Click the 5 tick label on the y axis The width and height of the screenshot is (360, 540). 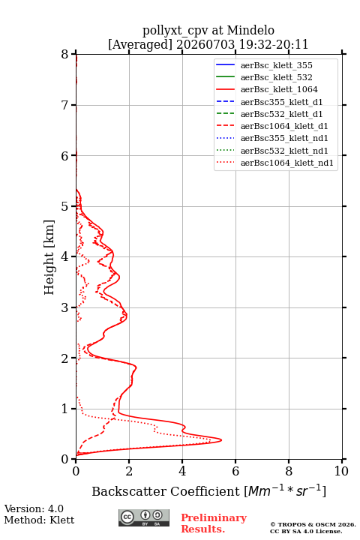(x=65, y=206)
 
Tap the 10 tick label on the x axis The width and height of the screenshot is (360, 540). (x=341, y=471)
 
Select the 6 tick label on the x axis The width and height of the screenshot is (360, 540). (x=235, y=471)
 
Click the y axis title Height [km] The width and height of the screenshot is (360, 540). (x=49, y=257)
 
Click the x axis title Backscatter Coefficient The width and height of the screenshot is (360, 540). (x=166, y=491)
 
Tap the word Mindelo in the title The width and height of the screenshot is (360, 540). (x=250, y=30)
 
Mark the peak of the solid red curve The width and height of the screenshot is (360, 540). (x=221, y=439)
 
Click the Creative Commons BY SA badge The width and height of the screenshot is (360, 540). (x=144, y=517)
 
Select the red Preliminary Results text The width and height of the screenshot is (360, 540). (x=214, y=523)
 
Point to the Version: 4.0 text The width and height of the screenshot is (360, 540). (x=34, y=508)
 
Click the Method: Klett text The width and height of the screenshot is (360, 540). (x=39, y=520)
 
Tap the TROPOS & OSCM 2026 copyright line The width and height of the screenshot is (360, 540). (x=313, y=524)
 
